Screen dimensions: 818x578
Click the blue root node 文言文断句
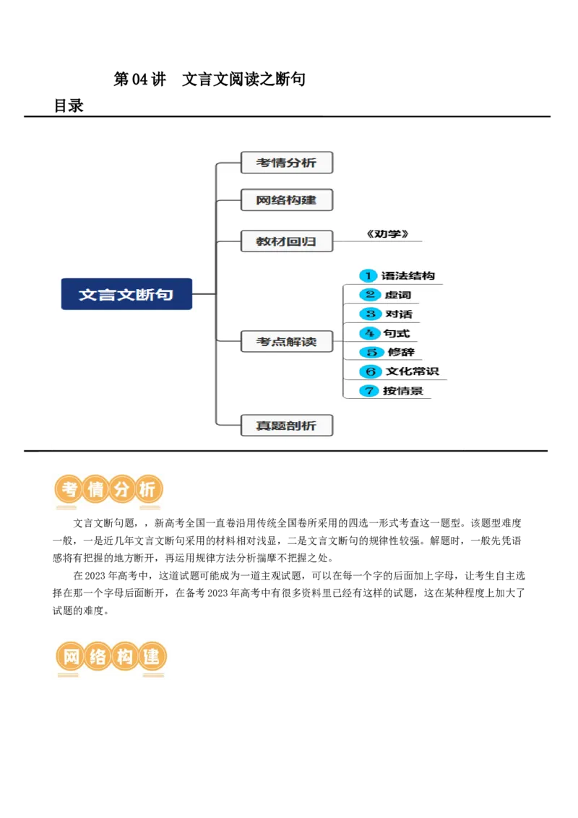(126, 294)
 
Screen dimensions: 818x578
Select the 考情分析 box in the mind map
(286, 163)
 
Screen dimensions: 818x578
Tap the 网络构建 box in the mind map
(286, 200)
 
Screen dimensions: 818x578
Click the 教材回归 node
(286, 241)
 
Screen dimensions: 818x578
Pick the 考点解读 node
(286, 341)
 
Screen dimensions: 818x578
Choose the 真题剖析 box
(286, 425)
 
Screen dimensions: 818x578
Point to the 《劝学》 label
(387, 234)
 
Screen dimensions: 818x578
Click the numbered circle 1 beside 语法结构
(368, 276)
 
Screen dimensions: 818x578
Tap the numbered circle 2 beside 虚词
(370, 295)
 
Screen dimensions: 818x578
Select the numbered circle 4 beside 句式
(370, 333)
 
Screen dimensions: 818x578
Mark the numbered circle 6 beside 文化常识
(371, 371)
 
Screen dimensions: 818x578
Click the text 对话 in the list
(399, 314)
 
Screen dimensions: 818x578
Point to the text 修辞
(401, 353)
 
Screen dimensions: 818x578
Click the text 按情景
(403, 391)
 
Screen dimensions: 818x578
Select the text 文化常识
(412, 371)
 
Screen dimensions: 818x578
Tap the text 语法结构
(408, 276)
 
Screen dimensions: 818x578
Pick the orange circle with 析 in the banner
(147, 490)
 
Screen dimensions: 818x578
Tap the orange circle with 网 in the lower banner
(71, 658)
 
